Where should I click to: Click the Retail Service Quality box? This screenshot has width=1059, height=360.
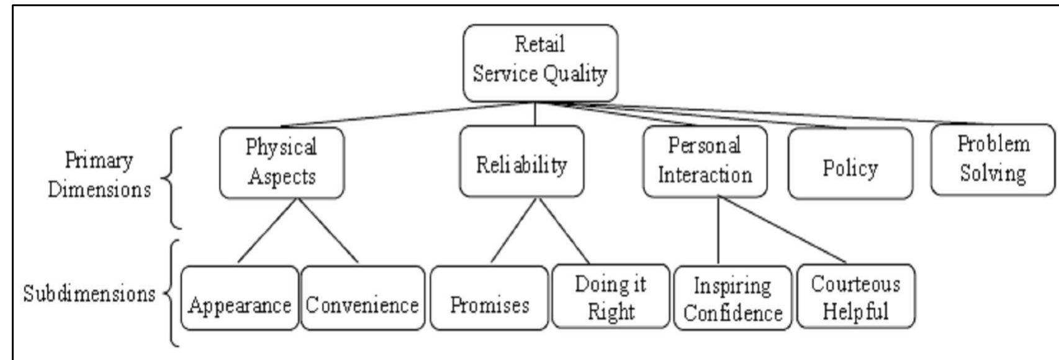[x=540, y=62]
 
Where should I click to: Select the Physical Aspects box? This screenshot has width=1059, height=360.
[x=281, y=163]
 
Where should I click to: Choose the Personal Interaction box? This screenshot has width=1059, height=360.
[x=705, y=161]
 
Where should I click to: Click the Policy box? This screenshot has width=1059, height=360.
[x=850, y=164]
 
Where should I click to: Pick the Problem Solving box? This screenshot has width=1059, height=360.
[x=993, y=160]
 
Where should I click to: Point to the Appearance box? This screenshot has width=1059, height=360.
[x=240, y=298]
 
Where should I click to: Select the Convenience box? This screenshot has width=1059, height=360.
[x=363, y=298]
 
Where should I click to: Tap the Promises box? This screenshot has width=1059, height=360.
[x=489, y=298]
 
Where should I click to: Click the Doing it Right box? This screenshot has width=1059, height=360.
[x=611, y=296]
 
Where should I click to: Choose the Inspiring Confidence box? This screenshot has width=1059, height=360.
[x=732, y=297]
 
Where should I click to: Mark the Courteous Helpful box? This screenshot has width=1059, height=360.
[x=855, y=296]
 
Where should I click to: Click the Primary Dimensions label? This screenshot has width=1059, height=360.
[x=99, y=174]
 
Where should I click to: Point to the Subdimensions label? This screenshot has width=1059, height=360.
[x=89, y=293]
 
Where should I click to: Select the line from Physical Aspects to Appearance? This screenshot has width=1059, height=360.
[x=268, y=230]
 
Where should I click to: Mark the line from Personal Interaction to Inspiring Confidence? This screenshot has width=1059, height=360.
[x=718, y=230]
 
